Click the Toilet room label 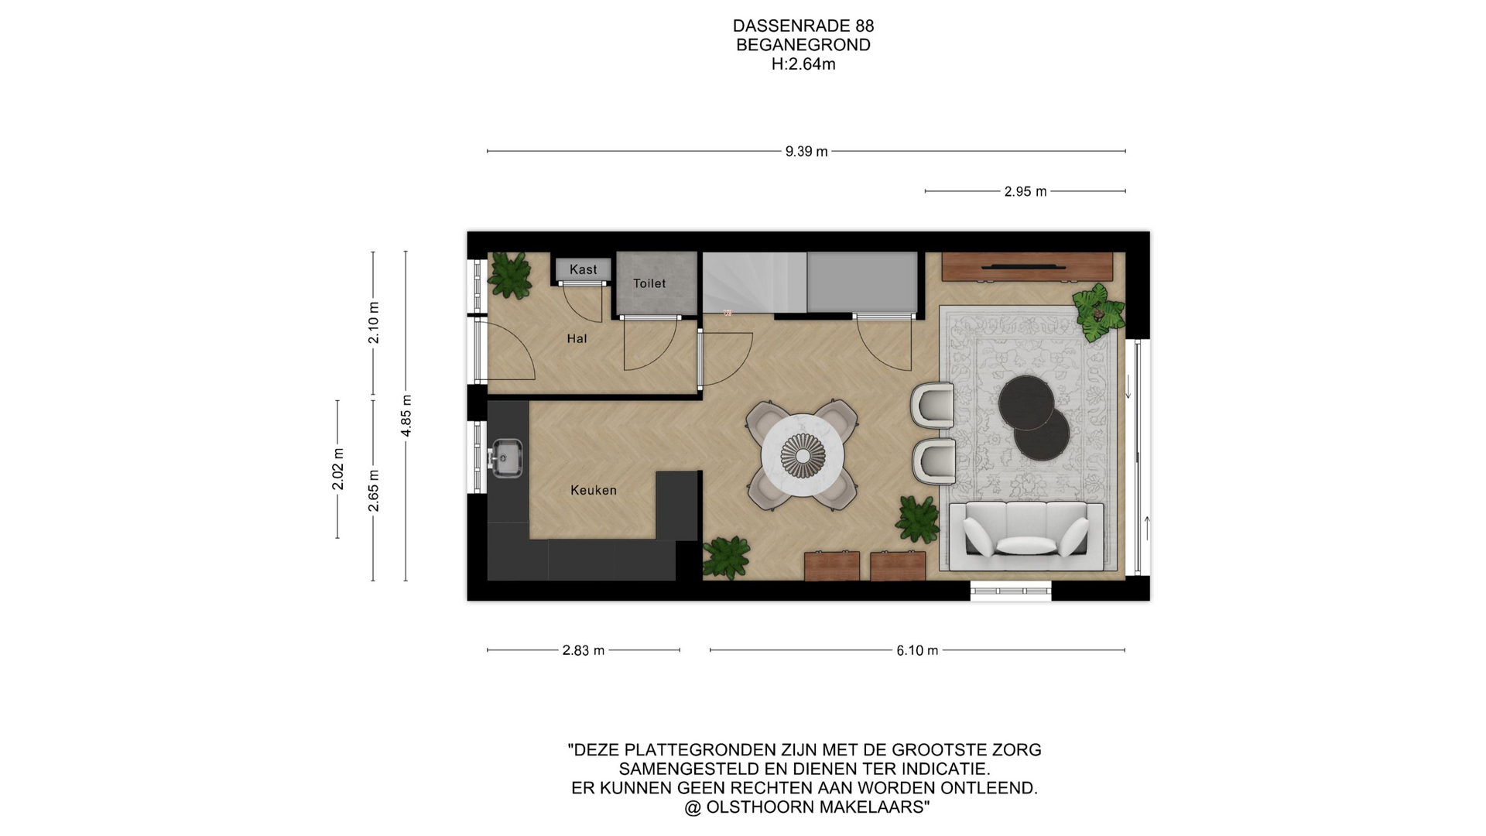click(649, 283)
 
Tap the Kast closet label click(584, 269)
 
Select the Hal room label click(577, 338)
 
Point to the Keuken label click(594, 490)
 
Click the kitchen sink click(505, 457)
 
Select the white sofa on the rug click(1025, 530)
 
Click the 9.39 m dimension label click(806, 152)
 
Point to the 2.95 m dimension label click(1025, 192)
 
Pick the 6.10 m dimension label click(917, 651)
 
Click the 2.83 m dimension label click(584, 651)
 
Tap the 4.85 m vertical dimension click(406, 416)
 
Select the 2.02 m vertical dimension click(338, 469)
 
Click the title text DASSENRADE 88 click(803, 26)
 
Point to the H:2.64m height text click(803, 64)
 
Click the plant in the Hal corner click(510, 275)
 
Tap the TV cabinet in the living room click(1027, 267)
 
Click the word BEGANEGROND click(803, 45)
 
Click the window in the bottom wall click(1012, 591)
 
